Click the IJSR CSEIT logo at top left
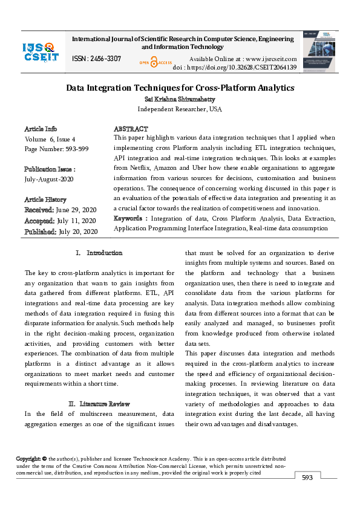[41, 52]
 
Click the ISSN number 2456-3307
[96, 59]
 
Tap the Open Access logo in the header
[155, 62]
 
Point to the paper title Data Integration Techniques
[180, 88]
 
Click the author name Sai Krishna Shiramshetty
[180, 99]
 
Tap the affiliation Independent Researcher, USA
[180, 109]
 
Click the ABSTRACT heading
[131, 129]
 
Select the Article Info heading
[41, 129]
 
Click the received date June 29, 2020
[76, 210]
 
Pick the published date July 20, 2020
[77, 232]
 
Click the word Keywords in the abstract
[130, 218]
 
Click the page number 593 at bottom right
[307, 478]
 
